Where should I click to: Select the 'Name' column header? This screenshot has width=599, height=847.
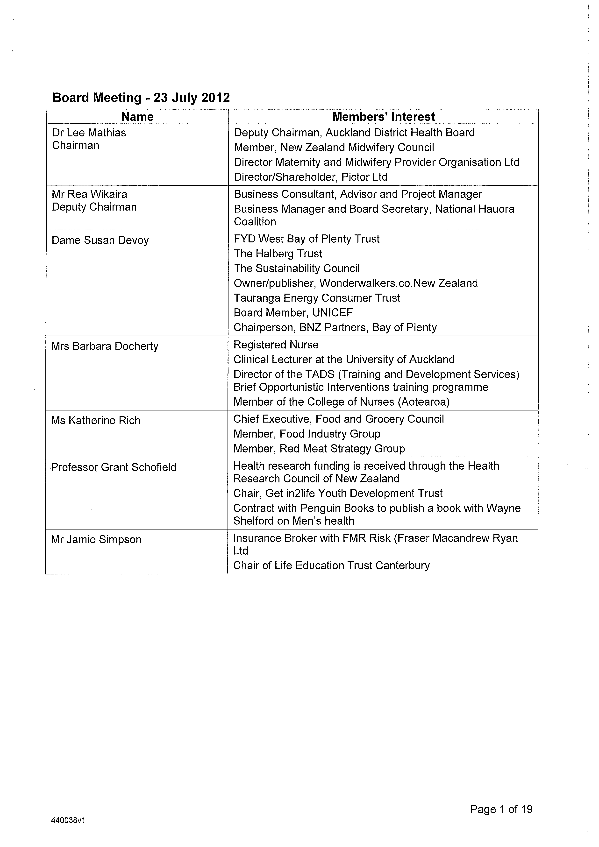click(x=137, y=117)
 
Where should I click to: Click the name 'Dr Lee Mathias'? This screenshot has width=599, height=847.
click(x=89, y=133)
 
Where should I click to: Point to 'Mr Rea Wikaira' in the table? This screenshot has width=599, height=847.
click(x=89, y=194)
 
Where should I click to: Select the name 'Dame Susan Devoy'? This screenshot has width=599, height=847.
click(x=100, y=240)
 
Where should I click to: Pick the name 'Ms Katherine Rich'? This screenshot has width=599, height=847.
click(x=96, y=421)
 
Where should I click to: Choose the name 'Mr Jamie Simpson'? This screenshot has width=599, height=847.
click(x=96, y=540)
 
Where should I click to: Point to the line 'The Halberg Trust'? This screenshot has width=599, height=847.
click(x=278, y=254)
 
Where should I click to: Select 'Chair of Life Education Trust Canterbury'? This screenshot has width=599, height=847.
click(x=331, y=565)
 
